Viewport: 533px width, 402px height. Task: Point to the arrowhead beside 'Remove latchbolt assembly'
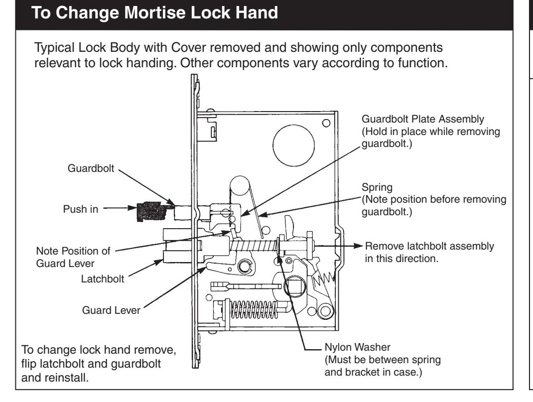point(357,246)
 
